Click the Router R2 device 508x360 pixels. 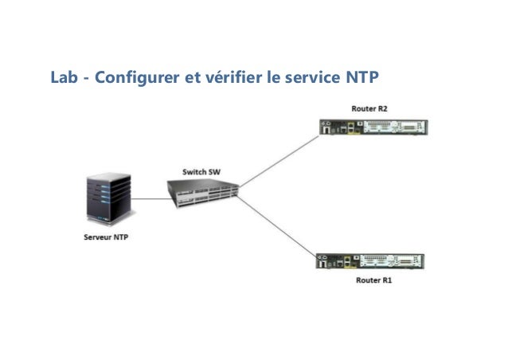[373, 128]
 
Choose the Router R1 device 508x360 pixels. [373, 262]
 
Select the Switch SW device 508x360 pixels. [204, 192]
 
